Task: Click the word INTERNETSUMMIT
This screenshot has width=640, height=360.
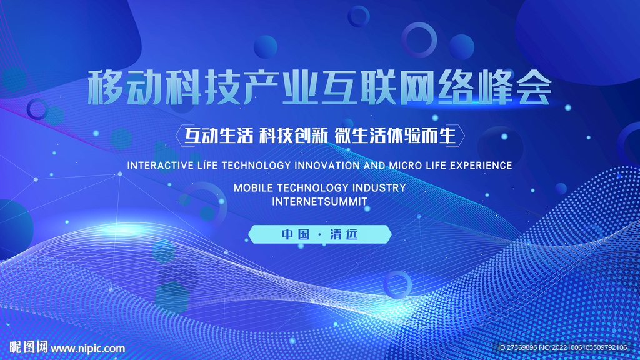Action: point(319,202)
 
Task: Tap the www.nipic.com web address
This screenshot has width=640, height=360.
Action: point(87,349)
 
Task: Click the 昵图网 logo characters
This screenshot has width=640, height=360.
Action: point(29,347)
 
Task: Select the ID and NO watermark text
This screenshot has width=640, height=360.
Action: point(562,347)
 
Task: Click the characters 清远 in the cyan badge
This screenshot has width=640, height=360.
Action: point(344,234)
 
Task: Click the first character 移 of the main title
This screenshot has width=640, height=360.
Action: point(106,87)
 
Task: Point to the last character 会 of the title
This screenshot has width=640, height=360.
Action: point(534,87)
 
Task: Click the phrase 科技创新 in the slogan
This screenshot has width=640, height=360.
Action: point(294,136)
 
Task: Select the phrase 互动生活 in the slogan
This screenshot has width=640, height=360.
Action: point(219,136)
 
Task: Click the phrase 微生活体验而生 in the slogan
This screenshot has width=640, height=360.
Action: point(395,136)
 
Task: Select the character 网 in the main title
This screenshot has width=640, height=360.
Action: point(417,87)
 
